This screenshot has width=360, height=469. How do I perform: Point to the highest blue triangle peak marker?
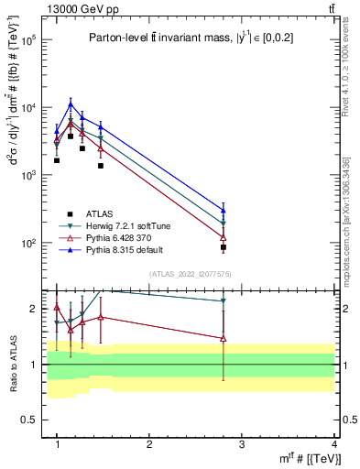tap(71, 104)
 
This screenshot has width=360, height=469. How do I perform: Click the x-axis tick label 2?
tap(149, 443)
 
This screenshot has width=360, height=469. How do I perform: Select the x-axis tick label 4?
tap(333, 443)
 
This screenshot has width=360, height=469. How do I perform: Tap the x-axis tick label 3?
tap(241, 443)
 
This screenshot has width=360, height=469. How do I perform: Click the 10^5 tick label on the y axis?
tap(27, 40)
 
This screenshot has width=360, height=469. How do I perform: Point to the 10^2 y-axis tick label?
tap(27, 243)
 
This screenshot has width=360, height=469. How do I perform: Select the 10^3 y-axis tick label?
tap(27, 175)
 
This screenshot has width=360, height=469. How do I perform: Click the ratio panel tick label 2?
tap(34, 309)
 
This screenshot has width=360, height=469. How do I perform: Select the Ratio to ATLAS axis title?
tap(12, 364)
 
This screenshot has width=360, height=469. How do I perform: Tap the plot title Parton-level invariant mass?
tap(174, 38)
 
